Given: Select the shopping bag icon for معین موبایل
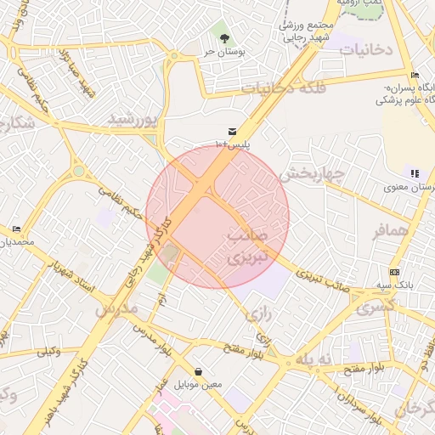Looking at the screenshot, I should tap(198, 371).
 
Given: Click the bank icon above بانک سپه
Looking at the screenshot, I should tap(394, 272).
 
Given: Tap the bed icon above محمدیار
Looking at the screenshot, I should tap(17, 229).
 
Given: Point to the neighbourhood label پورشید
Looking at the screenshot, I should tap(133, 121).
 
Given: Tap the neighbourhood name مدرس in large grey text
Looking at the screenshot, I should tap(116, 309).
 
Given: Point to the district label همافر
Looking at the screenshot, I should tap(390, 230).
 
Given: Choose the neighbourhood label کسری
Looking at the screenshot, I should tap(375, 308).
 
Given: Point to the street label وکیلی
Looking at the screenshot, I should tap(48, 351).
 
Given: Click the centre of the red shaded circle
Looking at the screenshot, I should tap(217, 217).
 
